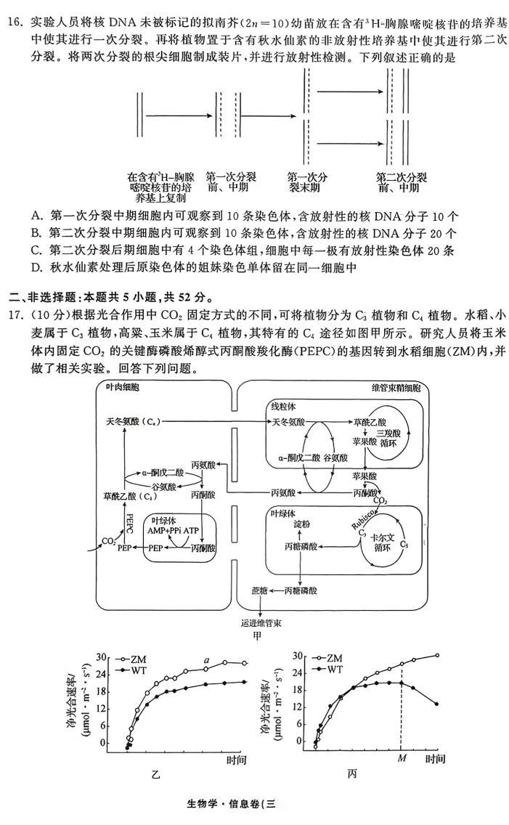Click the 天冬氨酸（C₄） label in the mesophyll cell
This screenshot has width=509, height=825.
(132, 422)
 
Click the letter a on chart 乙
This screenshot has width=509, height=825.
(207, 659)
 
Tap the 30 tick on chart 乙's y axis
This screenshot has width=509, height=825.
(102, 656)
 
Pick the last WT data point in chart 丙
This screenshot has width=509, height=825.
(436, 704)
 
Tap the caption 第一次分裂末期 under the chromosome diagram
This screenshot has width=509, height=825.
(307, 182)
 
